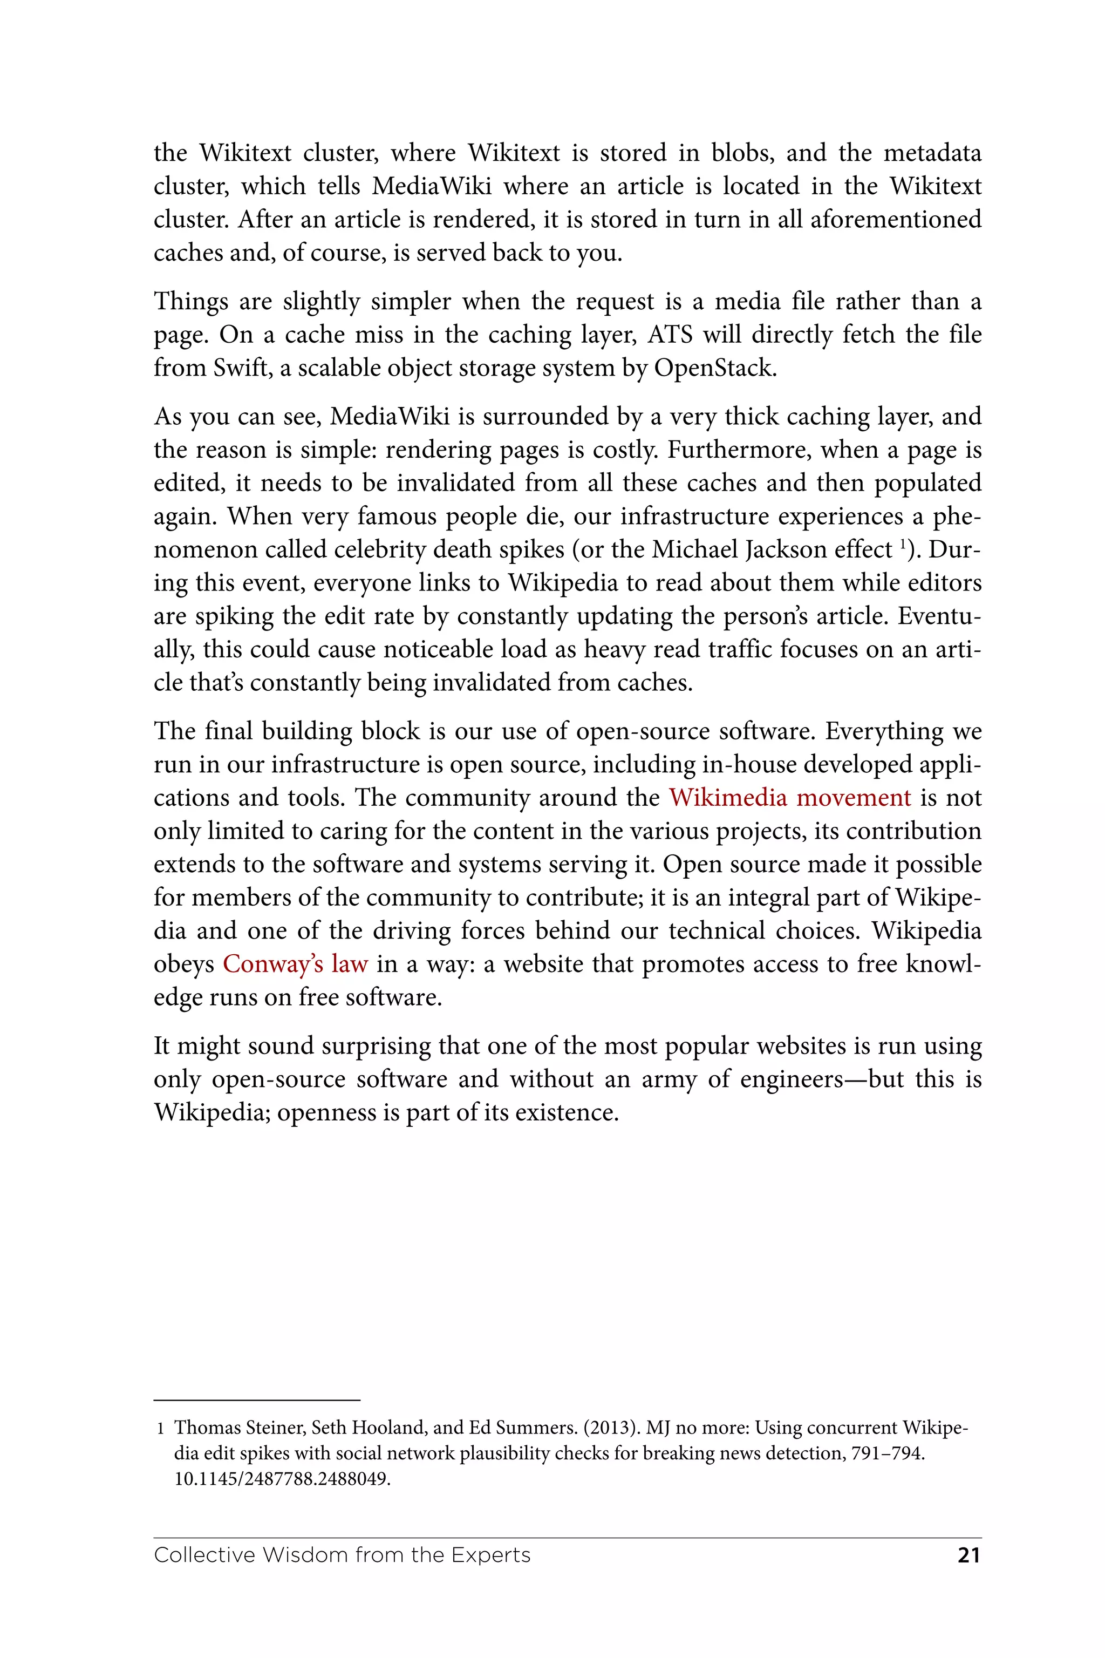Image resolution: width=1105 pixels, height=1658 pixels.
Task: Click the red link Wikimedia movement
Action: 789,797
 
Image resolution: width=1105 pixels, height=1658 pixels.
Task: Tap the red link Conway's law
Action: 295,963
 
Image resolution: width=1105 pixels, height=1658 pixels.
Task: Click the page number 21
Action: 968,1555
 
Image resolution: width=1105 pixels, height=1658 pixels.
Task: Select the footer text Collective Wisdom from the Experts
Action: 342,1555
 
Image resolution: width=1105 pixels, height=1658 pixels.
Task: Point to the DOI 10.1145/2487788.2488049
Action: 282,1479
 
